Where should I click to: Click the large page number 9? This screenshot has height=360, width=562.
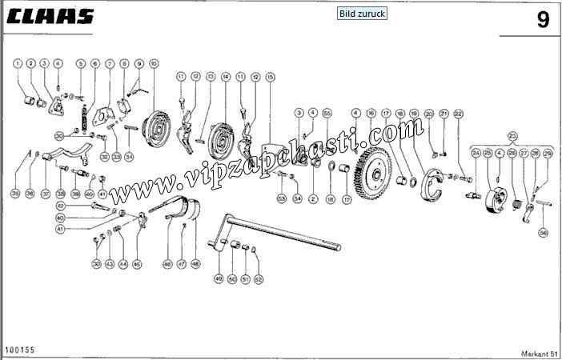542,20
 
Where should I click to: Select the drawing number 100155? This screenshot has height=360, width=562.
18,350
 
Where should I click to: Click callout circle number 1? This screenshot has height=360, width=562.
18,63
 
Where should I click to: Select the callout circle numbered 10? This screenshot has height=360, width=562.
154,63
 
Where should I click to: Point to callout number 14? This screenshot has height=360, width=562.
226,77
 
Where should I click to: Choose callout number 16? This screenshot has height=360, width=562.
371,114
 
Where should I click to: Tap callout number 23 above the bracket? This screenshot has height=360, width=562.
513,136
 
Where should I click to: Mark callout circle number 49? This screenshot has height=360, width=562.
218,278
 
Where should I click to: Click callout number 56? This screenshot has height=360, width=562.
544,233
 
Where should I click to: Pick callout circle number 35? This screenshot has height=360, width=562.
15,194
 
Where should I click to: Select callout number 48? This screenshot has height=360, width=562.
195,263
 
